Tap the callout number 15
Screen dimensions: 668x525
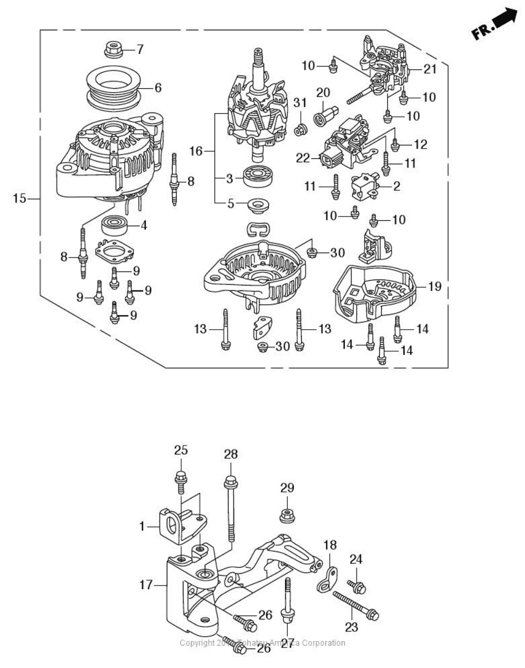[19, 199]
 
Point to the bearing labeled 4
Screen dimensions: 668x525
[113, 226]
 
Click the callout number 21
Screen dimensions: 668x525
[430, 69]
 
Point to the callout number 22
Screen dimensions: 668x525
[303, 158]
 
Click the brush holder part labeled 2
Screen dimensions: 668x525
[364, 186]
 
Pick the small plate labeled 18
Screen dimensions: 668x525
[327, 579]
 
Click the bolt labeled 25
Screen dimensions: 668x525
[181, 479]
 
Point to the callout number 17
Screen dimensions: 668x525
[146, 584]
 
